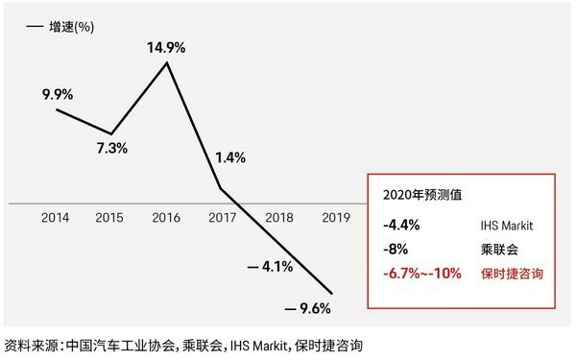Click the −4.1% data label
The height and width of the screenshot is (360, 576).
click(270, 266)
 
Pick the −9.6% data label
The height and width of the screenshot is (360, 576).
click(308, 308)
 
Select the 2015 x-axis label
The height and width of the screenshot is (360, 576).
click(111, 218)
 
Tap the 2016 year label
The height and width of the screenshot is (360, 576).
click(167, 218)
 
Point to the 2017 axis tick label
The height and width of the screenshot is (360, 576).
click(222, 218)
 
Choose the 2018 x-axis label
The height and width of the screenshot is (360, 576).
click(276, 218)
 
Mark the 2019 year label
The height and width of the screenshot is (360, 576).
click(332, 218)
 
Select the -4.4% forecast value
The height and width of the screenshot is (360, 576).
click(397, 227)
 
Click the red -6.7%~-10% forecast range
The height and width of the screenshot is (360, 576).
click(419, 273)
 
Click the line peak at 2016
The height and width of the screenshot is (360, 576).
click(168, 63)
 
